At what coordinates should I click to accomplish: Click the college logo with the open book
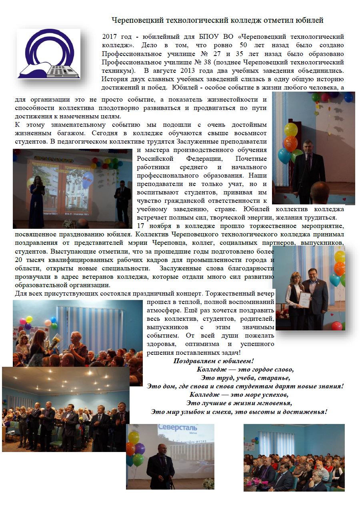pyautogui.click(x=48, y=54)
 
